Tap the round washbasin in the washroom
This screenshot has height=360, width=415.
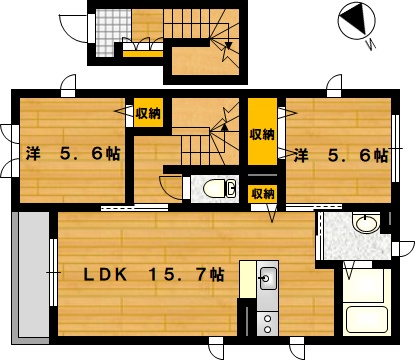coord(366,223)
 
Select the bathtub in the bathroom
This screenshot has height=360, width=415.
coord(367,319)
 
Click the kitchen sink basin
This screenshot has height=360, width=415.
coord(268,278)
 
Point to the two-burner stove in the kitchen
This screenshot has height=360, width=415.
coord(267,323)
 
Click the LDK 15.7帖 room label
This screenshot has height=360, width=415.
coord(154,275)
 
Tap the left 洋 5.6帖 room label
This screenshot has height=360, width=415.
coord(73,154)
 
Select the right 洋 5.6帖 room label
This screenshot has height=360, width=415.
coord(341,155)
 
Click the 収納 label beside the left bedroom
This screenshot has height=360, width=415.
coord(148,113)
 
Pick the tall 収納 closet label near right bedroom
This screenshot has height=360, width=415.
coord(262,134)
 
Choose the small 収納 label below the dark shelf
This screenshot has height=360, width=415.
coord(263,193)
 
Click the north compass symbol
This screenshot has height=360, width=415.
coord(357,19)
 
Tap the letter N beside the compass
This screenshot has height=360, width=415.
coord(371,44)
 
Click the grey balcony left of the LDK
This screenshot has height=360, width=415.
coord(31,278)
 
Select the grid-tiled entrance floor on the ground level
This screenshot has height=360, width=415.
coord(113,32)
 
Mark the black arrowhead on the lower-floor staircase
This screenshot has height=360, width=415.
coord(229,45)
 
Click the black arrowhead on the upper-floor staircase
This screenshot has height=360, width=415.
coord(225,126)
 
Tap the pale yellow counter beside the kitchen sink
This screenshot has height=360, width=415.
coord(248,279)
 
